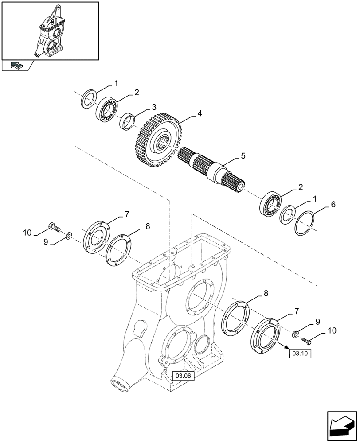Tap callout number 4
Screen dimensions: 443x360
click(x=200, y=113)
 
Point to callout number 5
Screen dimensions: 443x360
click(x=243, y=156)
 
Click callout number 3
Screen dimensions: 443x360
click(x=153, y=107)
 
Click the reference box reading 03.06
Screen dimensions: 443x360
click(x=183, y=376)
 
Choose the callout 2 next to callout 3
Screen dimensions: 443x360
click(x=137, y=92)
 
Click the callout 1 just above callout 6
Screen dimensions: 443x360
click(x=314, y=198)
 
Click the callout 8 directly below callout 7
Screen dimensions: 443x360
click(x=148, y=226)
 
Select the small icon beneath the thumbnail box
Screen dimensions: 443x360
click(x=16, y=66)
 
